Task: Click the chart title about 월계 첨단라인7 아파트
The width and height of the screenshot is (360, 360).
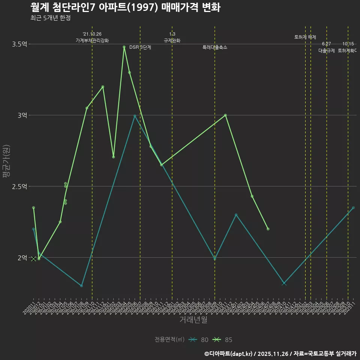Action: point(125,7)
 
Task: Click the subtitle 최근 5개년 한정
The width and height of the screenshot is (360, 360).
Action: point(50,18)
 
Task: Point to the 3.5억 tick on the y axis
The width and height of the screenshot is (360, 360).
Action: point(20,44)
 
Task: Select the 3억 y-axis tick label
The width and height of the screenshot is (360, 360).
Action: point(22,115)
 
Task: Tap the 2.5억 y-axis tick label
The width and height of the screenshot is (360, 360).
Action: point(20,186)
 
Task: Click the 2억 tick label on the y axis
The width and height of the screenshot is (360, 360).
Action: point(22,258)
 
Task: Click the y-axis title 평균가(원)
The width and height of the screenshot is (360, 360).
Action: point(6,162)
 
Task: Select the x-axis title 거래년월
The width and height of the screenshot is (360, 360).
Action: point(193,320)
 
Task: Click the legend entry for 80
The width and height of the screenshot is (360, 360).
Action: point(199,340)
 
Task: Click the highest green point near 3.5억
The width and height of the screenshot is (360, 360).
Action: point(124,47)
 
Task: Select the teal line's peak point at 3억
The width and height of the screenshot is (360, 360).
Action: point(135,116)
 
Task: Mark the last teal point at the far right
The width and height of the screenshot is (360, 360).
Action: point(353,208)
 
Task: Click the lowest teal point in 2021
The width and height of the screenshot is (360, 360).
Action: point(81,286)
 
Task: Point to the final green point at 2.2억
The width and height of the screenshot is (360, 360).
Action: point(268,229)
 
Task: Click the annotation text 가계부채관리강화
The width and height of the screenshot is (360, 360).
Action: point(92,40)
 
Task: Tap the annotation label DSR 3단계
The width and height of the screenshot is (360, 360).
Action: point(140,48)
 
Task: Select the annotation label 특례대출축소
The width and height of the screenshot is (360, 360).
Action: point(215,48)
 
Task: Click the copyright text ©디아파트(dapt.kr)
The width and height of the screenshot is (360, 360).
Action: point(229,353)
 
